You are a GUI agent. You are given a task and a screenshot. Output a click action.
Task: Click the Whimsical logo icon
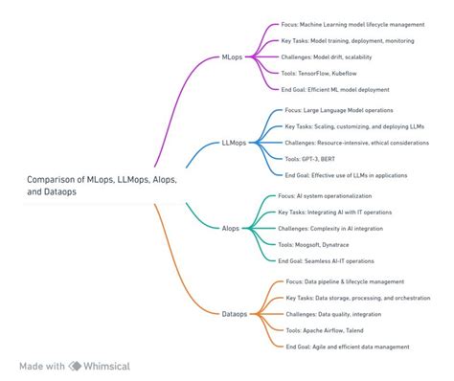(x=76, y=366)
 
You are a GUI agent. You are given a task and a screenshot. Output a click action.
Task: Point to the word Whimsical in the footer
(x=107, y=366)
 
